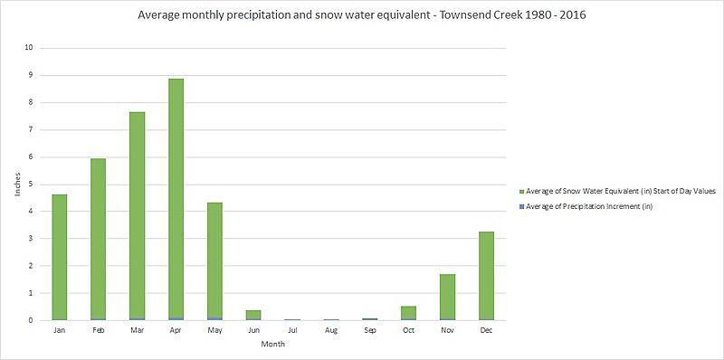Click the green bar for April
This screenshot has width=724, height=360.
(x=176, y=199)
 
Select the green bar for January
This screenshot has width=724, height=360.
(x=59, y=257)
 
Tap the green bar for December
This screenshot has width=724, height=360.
(x=486, y=276)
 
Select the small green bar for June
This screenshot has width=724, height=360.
(x=253, y=315)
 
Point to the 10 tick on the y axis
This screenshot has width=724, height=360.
(x=30, y=48)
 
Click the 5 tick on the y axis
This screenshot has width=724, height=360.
(x=32, y=185)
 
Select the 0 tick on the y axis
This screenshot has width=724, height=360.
(x=32, y=320)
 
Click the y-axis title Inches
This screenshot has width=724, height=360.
(x=15, y=185)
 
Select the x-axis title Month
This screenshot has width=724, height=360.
(x=272, y=345)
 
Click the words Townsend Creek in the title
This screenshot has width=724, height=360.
(x=464, y=15)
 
